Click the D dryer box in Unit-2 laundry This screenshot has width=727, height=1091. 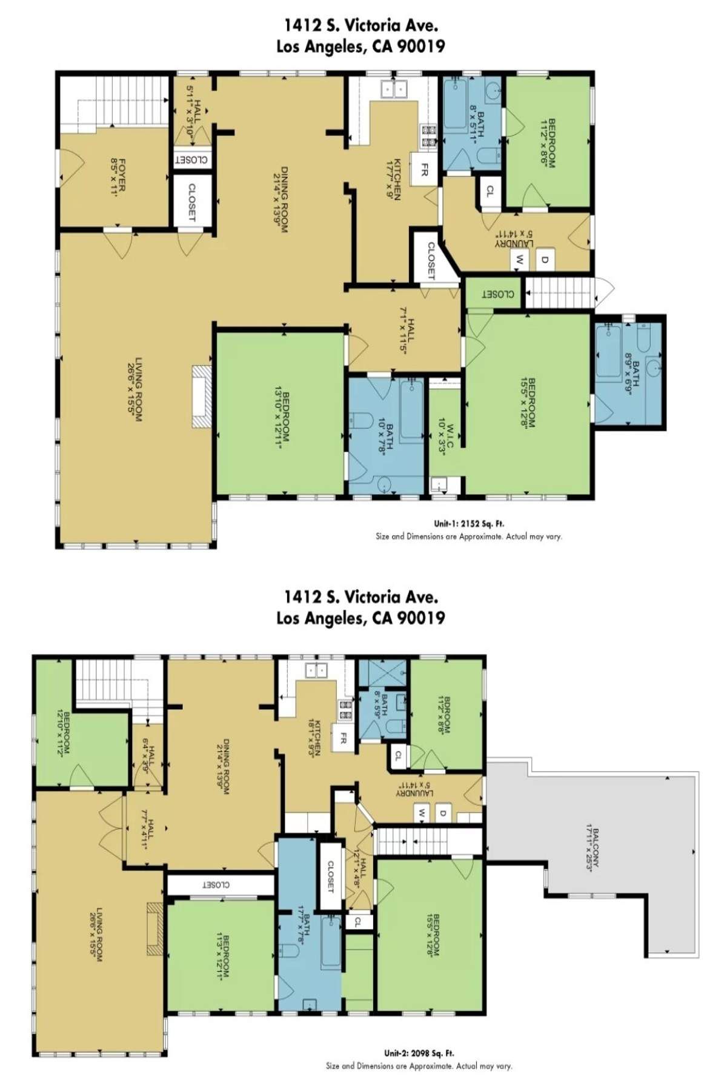(x=443, y=813)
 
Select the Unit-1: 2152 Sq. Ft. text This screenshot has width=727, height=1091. (x=468, y=523)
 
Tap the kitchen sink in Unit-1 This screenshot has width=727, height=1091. (x=395, y=90)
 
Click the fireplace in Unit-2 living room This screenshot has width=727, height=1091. (x=154, y=929)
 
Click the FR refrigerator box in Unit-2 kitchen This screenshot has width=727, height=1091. (x=343, y=739)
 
